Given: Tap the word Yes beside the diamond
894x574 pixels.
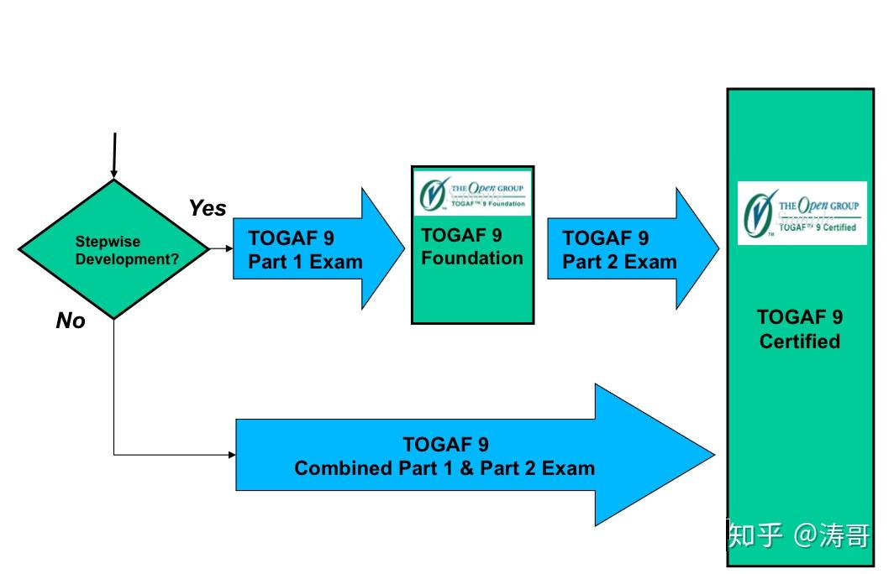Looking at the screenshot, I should [207, 207].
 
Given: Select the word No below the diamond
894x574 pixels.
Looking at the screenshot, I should [71, 321].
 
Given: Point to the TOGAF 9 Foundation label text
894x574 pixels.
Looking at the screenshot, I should [472, 248].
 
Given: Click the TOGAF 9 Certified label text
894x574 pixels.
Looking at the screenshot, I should [799, 329].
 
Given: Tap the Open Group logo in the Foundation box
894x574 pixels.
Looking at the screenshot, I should [472, 193].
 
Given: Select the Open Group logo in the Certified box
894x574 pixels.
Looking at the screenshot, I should [802, 213].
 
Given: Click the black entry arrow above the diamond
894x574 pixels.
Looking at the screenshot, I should [113, 155].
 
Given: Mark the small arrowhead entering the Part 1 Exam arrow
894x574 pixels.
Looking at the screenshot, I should [229, 248].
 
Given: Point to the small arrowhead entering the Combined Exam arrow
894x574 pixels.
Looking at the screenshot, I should [231, 455].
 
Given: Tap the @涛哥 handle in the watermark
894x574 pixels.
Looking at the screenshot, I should [832, 535].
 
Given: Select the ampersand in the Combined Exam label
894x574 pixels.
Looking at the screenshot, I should [466, 468].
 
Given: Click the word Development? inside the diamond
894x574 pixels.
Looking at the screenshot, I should [127, 258].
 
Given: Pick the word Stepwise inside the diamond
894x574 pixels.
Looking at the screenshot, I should [108, 242].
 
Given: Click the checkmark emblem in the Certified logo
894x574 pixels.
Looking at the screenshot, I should [759, 214].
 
